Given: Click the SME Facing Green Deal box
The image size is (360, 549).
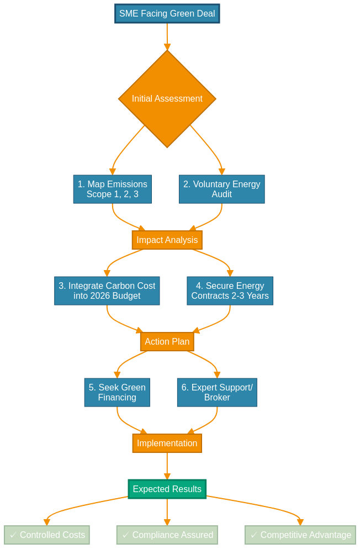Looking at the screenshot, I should (x=167, y=14).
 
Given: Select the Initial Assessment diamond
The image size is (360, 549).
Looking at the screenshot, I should (x=167, y=99).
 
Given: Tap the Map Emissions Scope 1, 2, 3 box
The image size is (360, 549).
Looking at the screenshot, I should (x=112, y=189).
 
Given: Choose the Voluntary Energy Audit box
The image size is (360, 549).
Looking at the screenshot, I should (x=221, y=189).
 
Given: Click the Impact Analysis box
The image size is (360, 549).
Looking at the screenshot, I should (x=167, y=240).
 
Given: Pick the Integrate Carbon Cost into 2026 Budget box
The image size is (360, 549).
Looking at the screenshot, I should (x=107, y=291).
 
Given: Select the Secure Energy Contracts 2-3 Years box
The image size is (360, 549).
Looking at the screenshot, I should (x=230, y=291).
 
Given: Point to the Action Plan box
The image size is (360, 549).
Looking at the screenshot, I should (x=167, y=342).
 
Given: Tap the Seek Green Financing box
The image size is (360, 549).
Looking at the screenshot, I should (x=117, y=393).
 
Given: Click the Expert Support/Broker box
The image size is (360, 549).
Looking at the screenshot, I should (x=217, y=393).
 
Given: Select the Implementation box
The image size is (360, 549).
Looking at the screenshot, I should (x=167, y=444).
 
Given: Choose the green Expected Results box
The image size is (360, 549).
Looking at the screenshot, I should (x=167, y=489).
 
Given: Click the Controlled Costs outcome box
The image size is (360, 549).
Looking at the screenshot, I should (x=46, y=535).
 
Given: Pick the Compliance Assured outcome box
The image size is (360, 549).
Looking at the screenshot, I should (x=167, y=535).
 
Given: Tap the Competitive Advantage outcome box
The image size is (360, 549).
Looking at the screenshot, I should (x=300, y=535).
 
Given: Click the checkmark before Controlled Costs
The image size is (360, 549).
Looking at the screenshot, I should (x=13, y=535).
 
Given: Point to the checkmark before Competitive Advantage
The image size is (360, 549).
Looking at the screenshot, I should (x=254, y=535).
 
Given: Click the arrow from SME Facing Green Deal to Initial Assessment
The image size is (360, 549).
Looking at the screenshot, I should (x=167, y=36).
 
